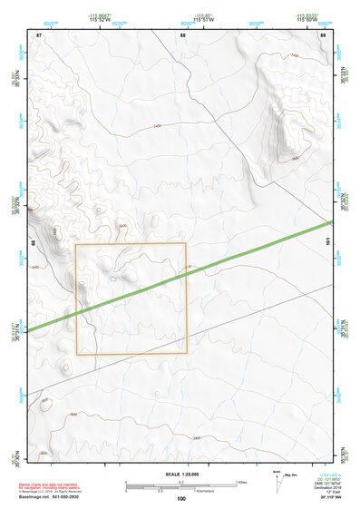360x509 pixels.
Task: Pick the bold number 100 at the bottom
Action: (181, 498)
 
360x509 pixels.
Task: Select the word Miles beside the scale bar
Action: (242, 481)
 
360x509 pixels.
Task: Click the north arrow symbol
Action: (277, 480)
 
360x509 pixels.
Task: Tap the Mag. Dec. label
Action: (291, 475)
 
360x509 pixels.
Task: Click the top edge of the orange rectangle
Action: (131, 243)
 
